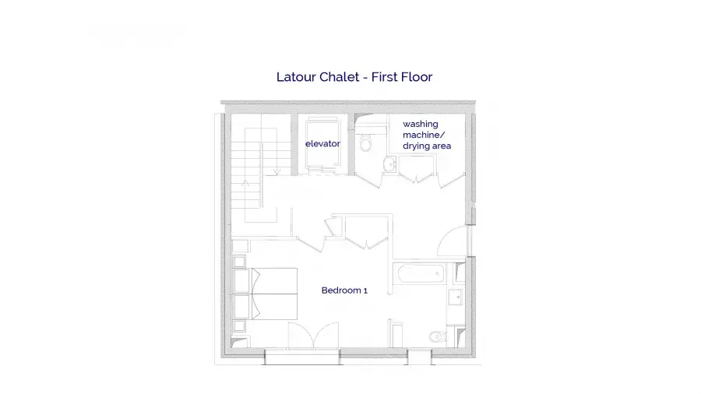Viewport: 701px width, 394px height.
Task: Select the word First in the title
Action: [384, 77]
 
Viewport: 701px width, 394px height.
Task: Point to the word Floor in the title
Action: [416, 77]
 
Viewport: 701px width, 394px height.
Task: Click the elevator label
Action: [322, 143]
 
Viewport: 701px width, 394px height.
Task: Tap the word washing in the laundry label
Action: [421, 124]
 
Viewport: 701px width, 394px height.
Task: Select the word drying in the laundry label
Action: [416, 146]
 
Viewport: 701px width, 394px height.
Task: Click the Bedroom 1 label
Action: [344, 290]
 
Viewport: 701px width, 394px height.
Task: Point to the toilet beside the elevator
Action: [366, 142]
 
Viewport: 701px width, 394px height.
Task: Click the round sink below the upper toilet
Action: [390, 164]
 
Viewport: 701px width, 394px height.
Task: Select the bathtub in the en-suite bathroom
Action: [421, 273]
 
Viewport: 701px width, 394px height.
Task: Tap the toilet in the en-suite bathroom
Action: [437, 336]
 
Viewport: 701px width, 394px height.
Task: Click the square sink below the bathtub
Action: [455, 297]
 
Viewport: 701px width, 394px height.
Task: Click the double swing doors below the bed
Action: [313, 336]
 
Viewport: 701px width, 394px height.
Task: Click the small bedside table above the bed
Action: [239, 262]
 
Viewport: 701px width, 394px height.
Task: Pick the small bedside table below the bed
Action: [239, 325]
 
